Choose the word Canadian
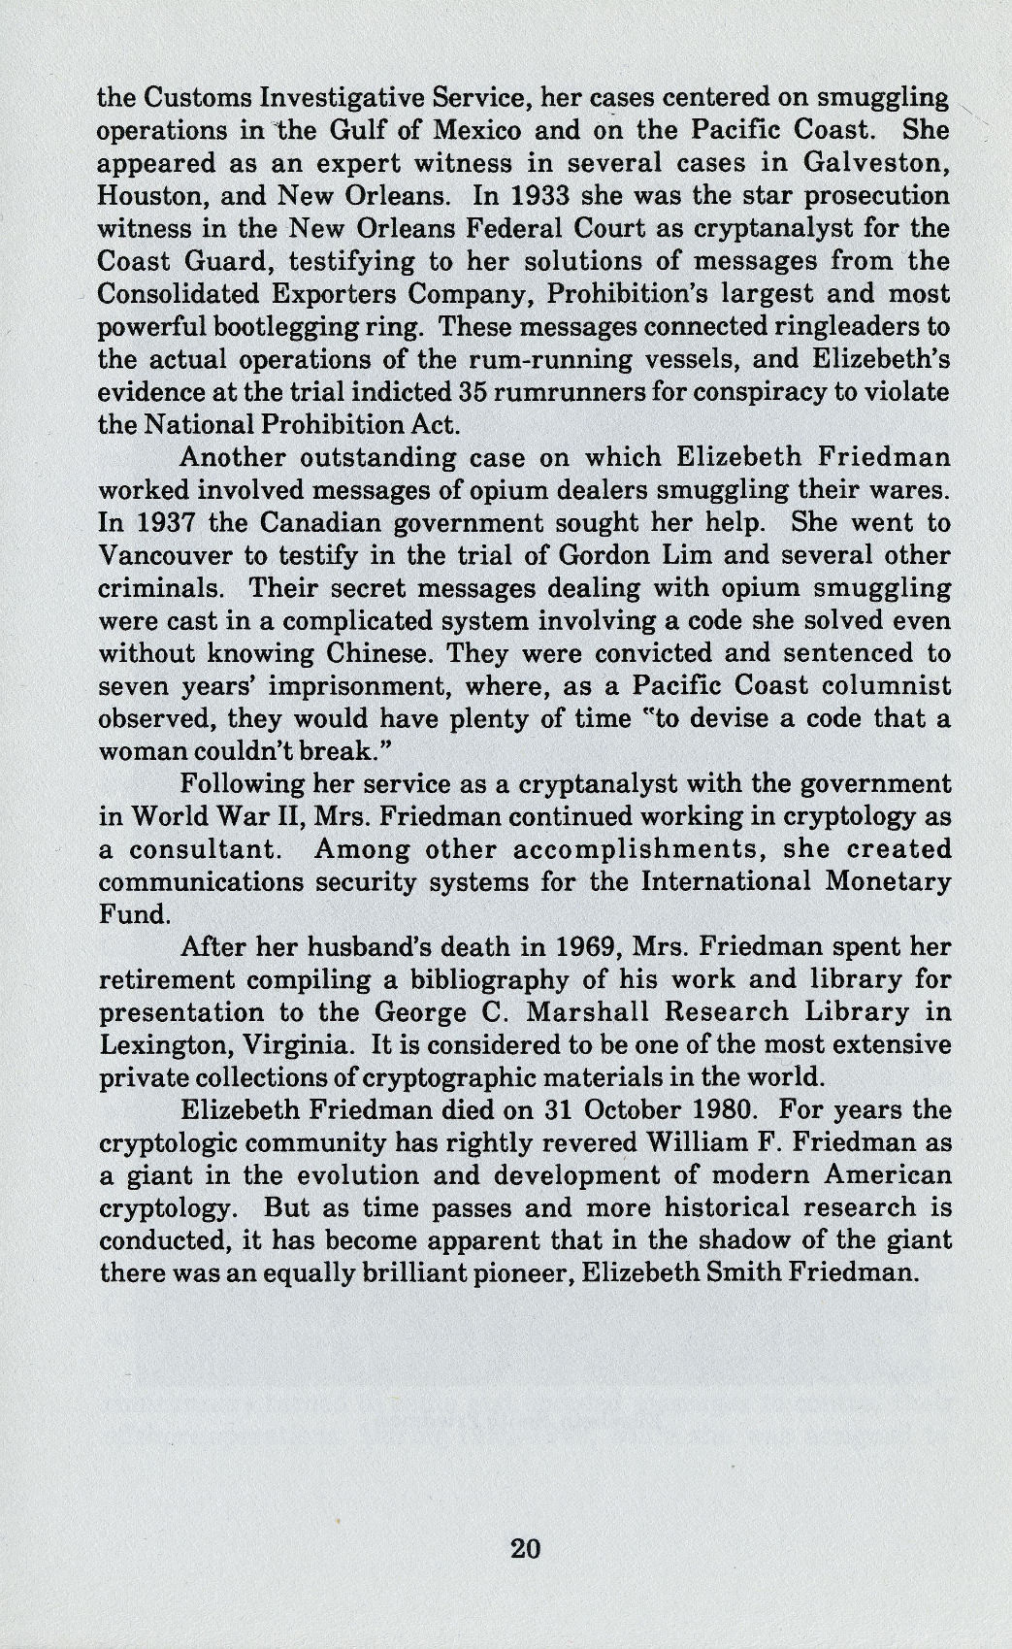click(x=292, y=523)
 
